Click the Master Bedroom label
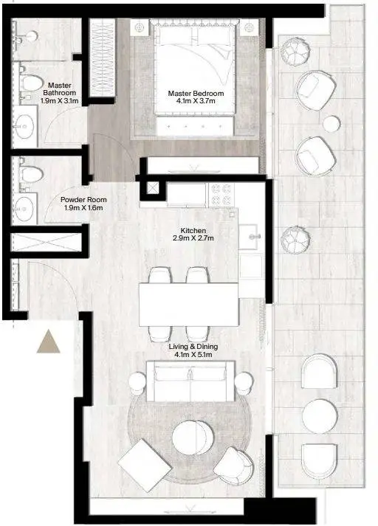[x=196, y=93]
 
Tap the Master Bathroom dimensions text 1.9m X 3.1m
[x=59, y=100]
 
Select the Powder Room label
[x=83, y=200]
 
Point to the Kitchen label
[x=193, y=230]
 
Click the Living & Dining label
[x=193, y=347]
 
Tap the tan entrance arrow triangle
[x=48, y=342]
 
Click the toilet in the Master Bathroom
[x=30, y=82]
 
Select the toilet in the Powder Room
[x=30, y=174]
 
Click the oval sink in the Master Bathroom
[x=24, y=126]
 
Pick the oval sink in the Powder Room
[x=24, y=209]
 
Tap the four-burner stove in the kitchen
[x=221, y=195]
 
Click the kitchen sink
[x=248, y=237]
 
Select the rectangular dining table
[x=189, y=305]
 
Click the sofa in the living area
[x=190, y=381]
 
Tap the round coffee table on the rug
[x=193, y=437]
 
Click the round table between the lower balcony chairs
[x=320, y=416]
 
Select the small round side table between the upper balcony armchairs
[x=331, y=123]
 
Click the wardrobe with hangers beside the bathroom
[x=103, y=58]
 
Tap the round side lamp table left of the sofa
[x=137, y=381]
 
